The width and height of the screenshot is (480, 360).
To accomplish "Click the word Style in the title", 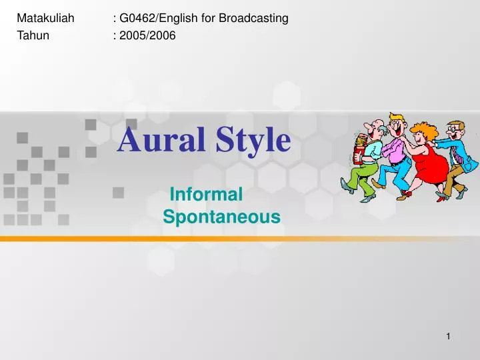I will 252,141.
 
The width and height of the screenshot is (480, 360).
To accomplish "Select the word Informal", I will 206,195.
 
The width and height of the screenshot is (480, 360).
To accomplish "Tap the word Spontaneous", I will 221,217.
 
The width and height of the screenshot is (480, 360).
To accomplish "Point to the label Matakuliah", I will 45,18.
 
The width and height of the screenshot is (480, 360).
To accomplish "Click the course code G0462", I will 137,18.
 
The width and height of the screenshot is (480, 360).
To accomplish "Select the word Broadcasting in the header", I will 253,18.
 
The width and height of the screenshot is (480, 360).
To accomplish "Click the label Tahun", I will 33,35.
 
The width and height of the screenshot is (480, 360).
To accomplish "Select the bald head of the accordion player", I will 377,124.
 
